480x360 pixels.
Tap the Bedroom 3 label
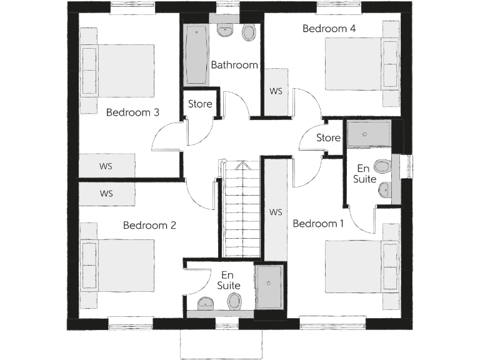click(132, 112)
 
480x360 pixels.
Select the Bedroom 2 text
click(149, 225)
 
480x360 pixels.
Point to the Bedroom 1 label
click(318, 224)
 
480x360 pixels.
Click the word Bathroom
click(234, 65)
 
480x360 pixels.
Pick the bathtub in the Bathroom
click(196, 55)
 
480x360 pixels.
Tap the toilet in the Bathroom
click(248, 32)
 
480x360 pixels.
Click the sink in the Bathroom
click(224, 29)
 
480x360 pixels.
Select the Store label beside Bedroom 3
click(200, 104)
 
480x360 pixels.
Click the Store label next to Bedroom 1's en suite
click(328, 137)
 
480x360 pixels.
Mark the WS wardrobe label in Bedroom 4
click(276, 91)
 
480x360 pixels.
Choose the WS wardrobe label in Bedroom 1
click(276, 212)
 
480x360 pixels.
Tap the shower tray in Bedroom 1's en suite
click(368, 132)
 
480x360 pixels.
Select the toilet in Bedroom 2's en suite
click(235, 301)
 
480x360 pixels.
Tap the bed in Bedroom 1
click(354, 266)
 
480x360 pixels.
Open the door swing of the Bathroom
click(236, 104)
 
